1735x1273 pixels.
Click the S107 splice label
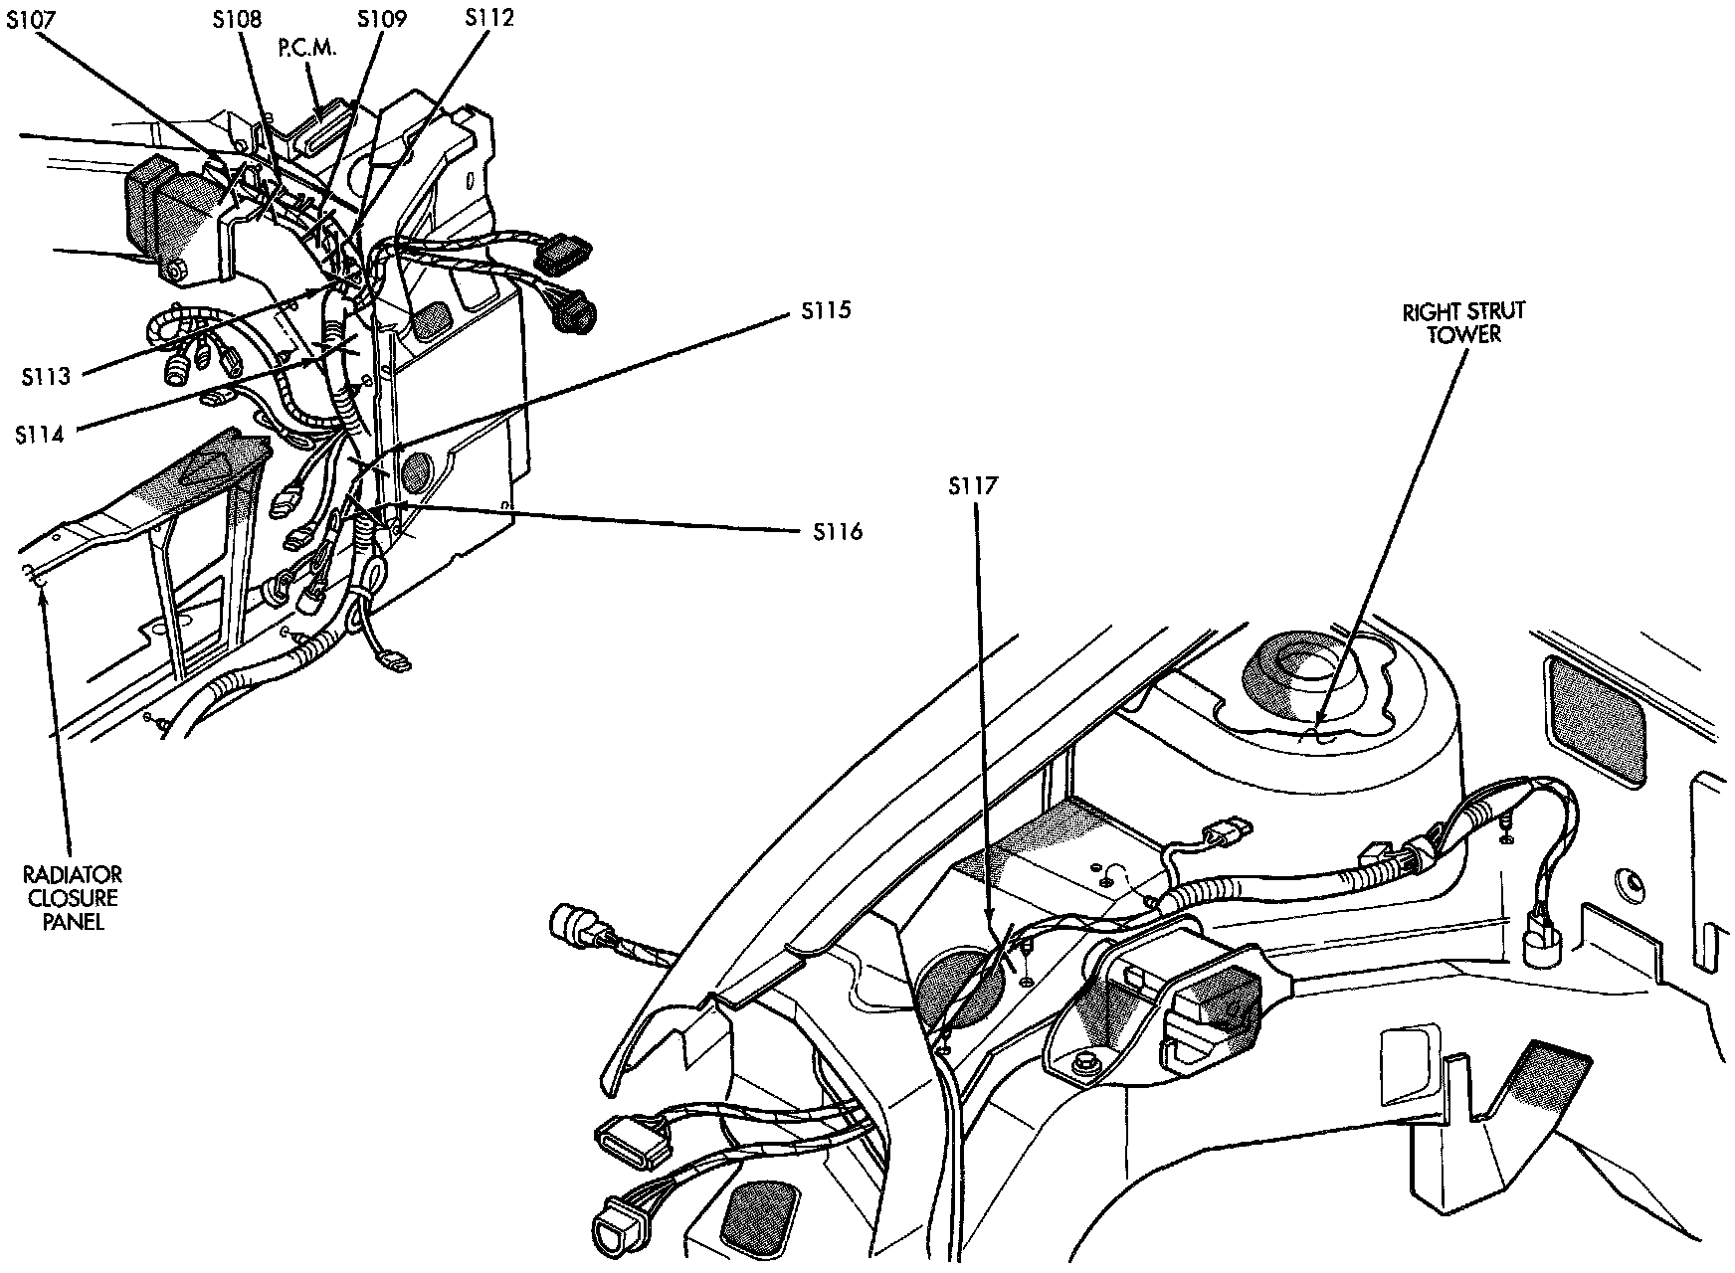31,19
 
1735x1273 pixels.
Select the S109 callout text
381,19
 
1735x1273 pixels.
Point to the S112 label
489,17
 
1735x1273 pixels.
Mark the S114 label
41,434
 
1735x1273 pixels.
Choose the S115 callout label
826,310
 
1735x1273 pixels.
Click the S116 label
837,532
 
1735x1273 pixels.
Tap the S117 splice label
972,486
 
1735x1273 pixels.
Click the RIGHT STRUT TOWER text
1463,322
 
